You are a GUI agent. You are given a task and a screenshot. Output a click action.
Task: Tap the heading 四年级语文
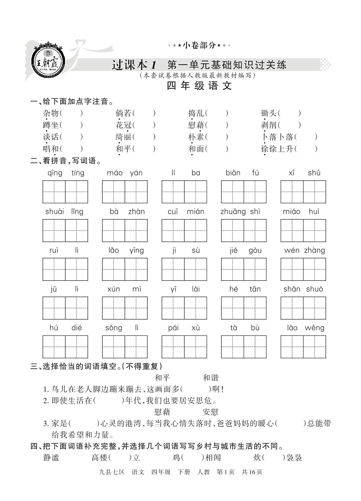(199, 86)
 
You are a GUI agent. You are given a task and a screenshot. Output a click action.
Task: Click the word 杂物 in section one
(51, 113)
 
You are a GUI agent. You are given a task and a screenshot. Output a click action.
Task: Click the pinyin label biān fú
(242, 173)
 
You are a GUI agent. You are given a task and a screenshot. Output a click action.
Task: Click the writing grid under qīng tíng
(65, 192)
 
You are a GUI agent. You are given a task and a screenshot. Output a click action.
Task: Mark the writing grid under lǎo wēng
(303, 347)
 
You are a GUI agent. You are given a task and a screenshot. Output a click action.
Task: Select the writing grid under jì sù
(184, 270)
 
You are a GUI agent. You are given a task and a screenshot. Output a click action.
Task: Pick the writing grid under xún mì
(125, 308)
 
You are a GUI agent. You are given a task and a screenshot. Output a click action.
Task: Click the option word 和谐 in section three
(210, 377)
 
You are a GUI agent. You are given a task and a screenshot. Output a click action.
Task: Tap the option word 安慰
(210, 412)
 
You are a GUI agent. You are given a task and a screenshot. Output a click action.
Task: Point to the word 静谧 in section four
(51, 458)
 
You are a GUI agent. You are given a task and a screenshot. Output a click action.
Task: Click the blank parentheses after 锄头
(290, 113)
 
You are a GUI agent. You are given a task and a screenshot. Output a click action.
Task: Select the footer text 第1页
(225, 472)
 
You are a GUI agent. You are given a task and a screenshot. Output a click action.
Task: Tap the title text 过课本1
(134, 65)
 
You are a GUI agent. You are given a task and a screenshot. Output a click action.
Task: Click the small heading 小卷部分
(199, 45)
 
